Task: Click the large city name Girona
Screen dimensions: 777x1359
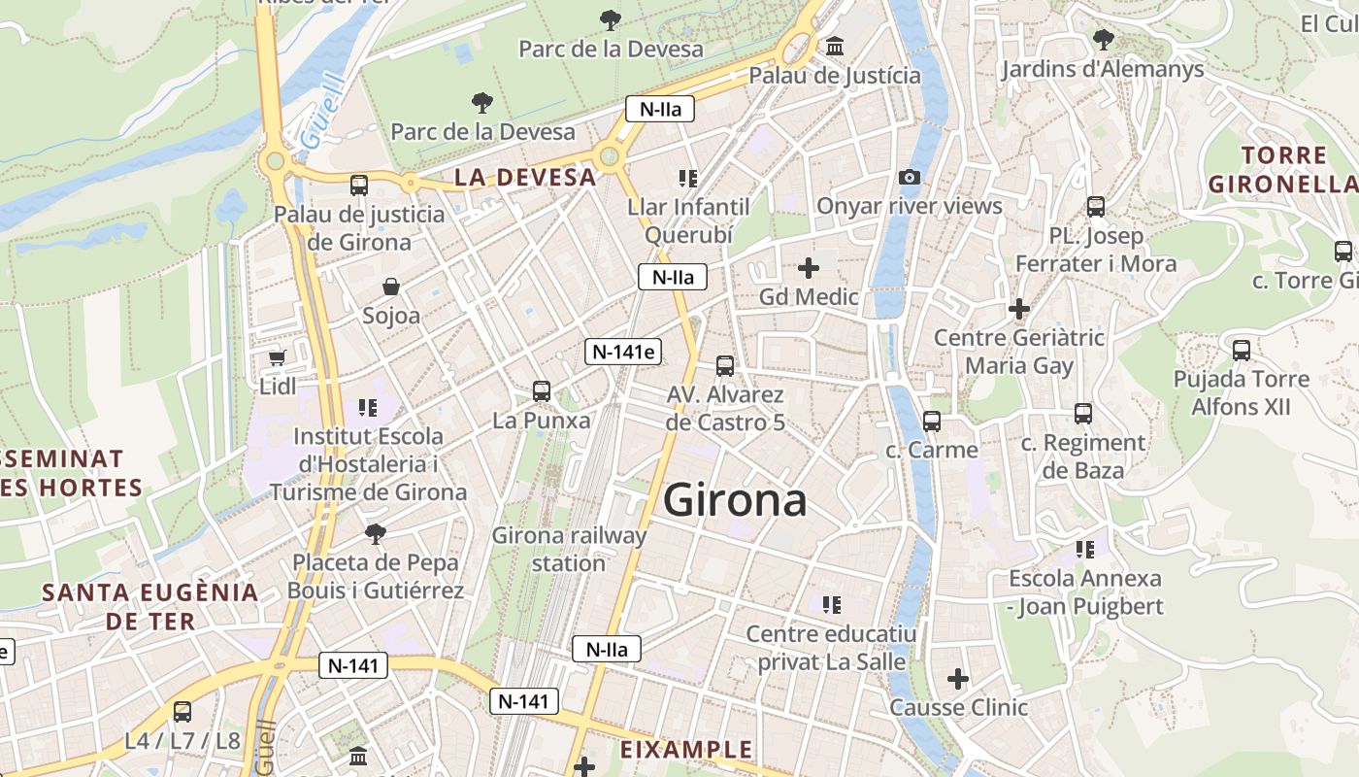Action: pos(735,501)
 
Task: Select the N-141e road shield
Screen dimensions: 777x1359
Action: pos(622,352)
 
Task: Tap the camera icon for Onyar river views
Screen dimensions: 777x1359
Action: pos(910,177)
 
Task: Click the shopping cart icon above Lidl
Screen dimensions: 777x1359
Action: pos(278,358)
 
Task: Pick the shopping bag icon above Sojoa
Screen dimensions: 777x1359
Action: pos(391,287)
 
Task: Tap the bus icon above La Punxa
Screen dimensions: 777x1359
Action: pos(542,391)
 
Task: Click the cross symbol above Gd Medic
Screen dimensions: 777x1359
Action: pos(809,267)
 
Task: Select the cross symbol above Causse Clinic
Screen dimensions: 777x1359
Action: pos(958,678)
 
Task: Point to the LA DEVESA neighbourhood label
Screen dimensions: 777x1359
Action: pos(525,177)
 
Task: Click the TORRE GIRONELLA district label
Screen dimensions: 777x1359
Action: pos(1283,169)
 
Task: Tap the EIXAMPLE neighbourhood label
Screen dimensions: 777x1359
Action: pos(686,750)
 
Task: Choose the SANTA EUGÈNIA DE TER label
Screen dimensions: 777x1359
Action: pos(150,606)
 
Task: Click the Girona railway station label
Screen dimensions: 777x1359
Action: pos(569,549)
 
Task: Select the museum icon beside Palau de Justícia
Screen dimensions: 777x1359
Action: pos(835,46)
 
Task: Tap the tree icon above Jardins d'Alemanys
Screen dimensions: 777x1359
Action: pos(1103,40)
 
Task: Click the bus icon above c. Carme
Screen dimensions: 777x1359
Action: pos(932,421)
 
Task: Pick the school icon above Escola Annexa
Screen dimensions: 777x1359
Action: pos(1085,550)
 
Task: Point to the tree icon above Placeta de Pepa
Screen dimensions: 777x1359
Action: pos(376,532)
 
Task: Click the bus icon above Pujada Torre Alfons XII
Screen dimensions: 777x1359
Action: pos(1242,351)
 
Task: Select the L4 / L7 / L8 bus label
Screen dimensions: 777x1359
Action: pos(182,741)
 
